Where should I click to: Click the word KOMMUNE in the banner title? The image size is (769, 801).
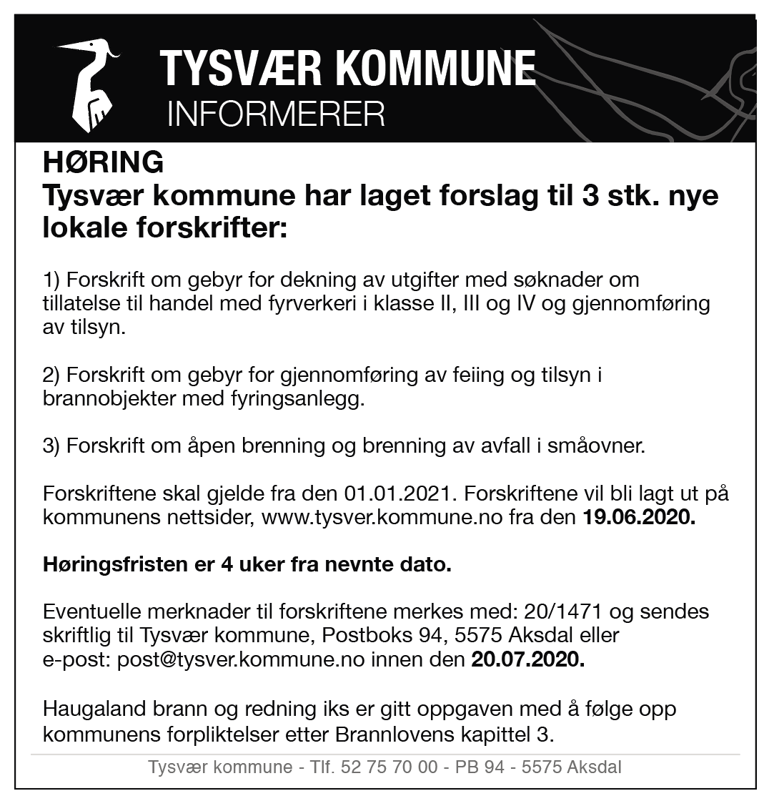coord(435,69)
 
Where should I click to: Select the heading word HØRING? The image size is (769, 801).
coord(104,163)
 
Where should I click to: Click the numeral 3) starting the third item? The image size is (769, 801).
coord(52,447)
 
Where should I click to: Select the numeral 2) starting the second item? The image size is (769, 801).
coord(52,375)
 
